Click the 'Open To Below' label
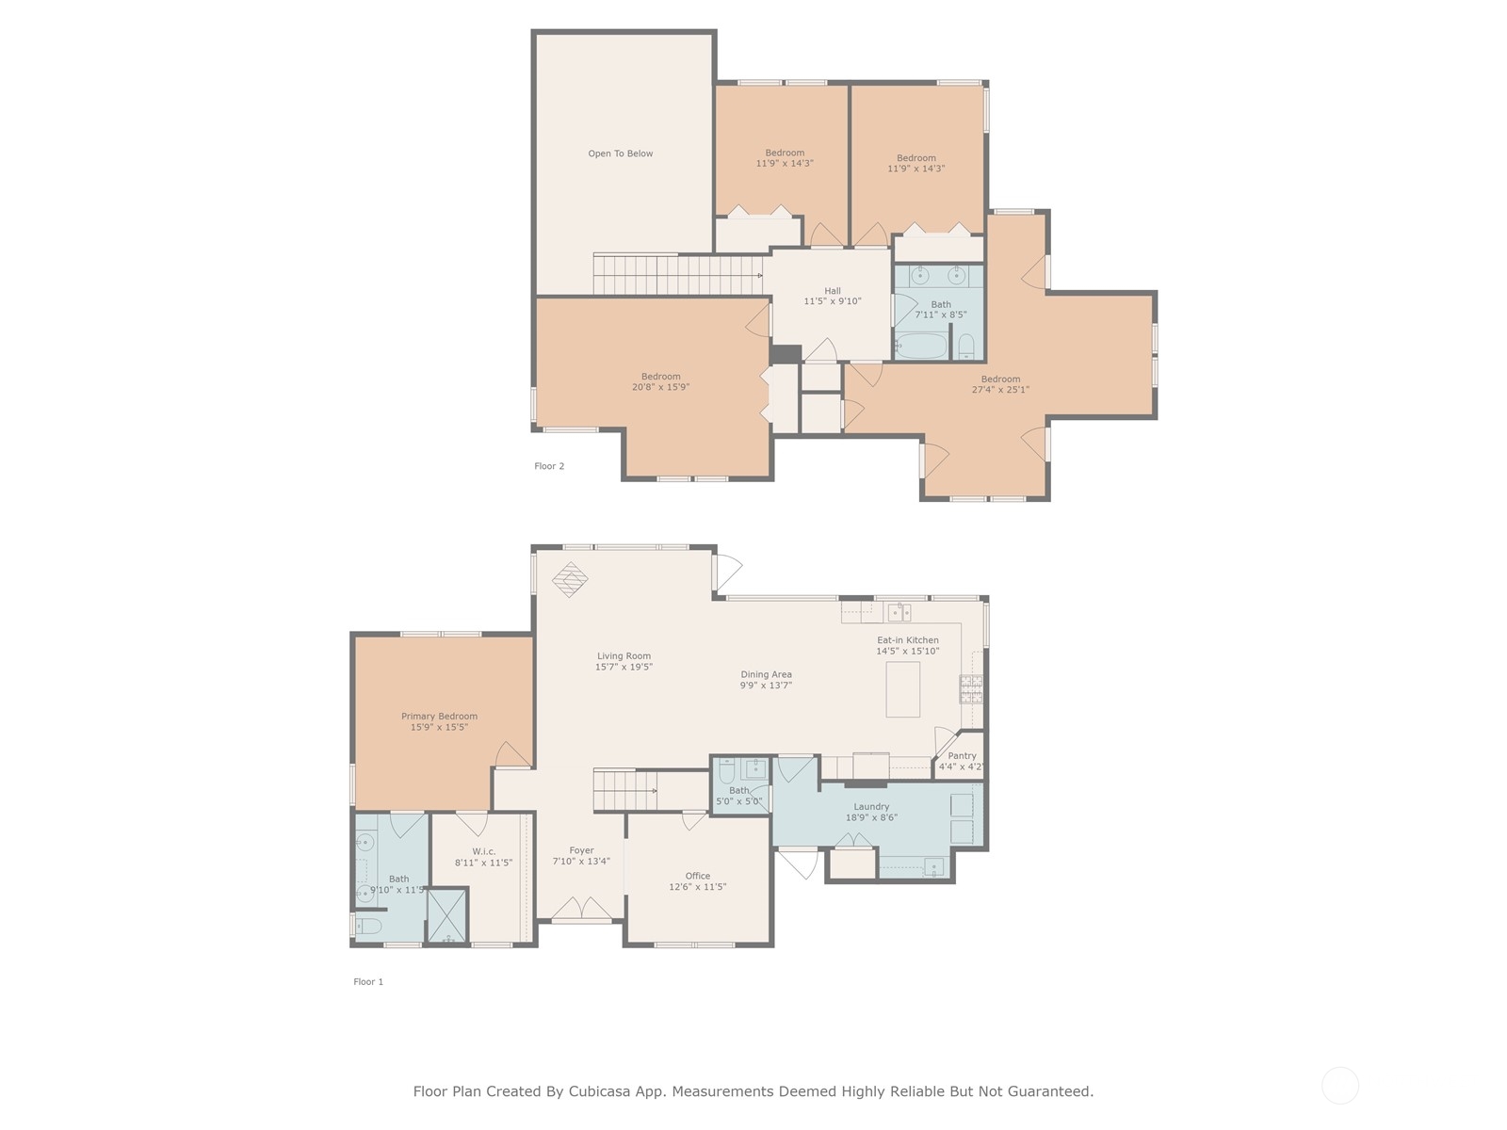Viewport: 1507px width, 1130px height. (x=620, y=153)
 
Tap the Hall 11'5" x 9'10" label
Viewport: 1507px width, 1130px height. (x=832, y=296)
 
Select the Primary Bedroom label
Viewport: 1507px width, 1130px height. (x=440, y=717)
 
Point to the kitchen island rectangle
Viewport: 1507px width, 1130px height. (x=902, y=689)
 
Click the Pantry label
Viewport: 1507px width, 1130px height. (x=962, y=755)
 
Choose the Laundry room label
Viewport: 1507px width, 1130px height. (x=871, y=807)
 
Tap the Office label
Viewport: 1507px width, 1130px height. (x=698, y=876)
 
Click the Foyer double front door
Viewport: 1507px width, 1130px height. (x=581, y=909)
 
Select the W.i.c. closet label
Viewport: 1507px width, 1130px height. (x=484, y=851)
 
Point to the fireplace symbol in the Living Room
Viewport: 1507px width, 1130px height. (x=570, y=580)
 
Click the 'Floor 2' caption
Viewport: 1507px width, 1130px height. (x=549, y=466)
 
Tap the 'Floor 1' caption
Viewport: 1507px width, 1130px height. (x=368, y=982)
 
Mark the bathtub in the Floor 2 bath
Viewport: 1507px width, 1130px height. (x=921, y=345)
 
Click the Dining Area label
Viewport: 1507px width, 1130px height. (x=766, y=674)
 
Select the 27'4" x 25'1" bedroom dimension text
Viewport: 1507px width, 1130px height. (x=1000, y=390)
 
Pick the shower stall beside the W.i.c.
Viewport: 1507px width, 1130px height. (x=447, y=915)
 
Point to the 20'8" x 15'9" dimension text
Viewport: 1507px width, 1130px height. (x=660, y=387)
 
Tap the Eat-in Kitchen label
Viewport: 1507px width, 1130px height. (x=908, y=640)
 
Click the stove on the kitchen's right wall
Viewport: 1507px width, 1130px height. (x=971, y=689)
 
